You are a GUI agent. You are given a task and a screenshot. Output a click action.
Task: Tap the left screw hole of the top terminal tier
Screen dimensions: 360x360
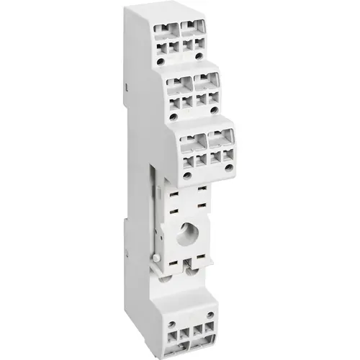coord(161,61)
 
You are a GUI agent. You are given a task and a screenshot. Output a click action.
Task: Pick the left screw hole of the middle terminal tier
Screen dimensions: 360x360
coord(174,114)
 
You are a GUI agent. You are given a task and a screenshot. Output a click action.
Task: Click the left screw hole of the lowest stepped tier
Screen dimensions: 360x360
coord(187,175)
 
